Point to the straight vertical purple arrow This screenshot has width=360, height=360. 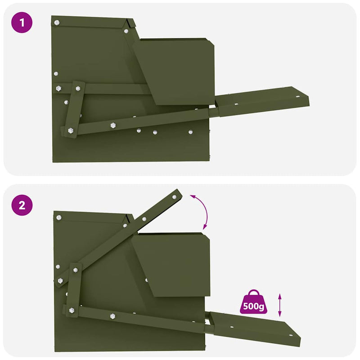(280, 305)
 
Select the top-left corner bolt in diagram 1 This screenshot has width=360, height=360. (57, 21)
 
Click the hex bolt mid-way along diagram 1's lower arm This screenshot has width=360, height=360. (112, 125)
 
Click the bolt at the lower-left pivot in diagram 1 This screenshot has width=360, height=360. (71, 130)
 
